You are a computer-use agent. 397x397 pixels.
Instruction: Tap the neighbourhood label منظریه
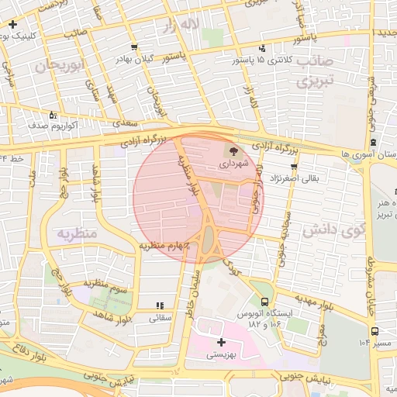[x=75, y=233]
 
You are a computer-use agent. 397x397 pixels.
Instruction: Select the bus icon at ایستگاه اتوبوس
[x=266, y=302]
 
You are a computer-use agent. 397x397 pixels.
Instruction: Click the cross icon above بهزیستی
[x=222, y=341]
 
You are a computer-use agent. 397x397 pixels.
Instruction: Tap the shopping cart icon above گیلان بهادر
[x=137, y=47]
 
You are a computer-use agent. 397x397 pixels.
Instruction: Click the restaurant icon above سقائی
[x=161, y=306]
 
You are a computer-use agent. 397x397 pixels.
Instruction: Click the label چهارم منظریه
[x=165, y=245]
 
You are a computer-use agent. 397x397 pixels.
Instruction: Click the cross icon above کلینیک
[x=12, y=26]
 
